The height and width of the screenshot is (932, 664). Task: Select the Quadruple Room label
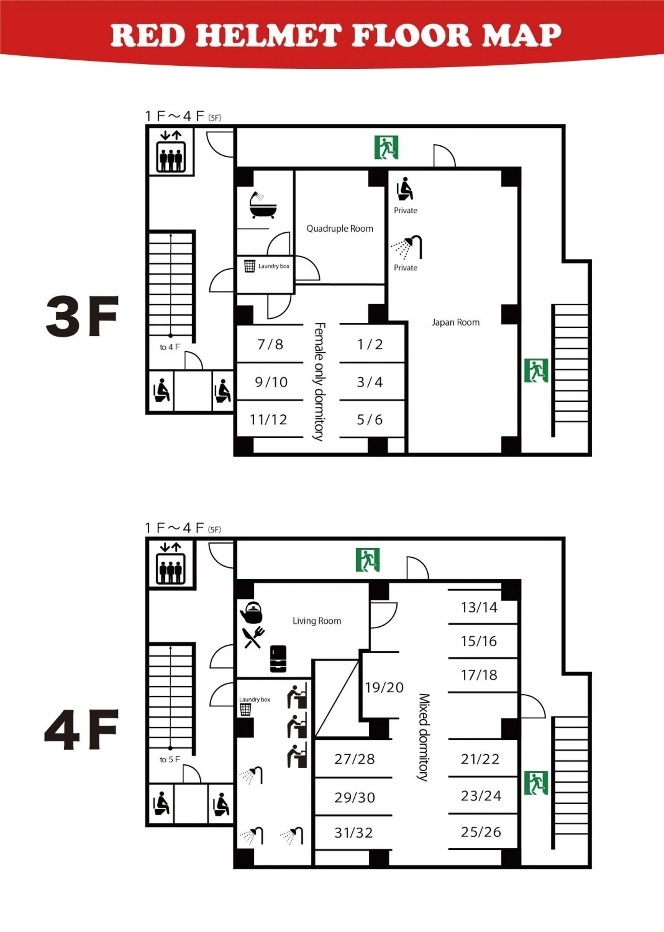340,229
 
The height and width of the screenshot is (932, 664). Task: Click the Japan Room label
456,322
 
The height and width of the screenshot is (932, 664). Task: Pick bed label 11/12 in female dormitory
269,420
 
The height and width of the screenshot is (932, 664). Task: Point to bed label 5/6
370,420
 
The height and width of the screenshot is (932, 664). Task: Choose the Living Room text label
317,621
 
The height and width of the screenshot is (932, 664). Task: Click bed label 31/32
354,833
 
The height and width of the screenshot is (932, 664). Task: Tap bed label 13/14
479,607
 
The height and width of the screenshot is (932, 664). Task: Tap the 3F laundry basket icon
249,266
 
